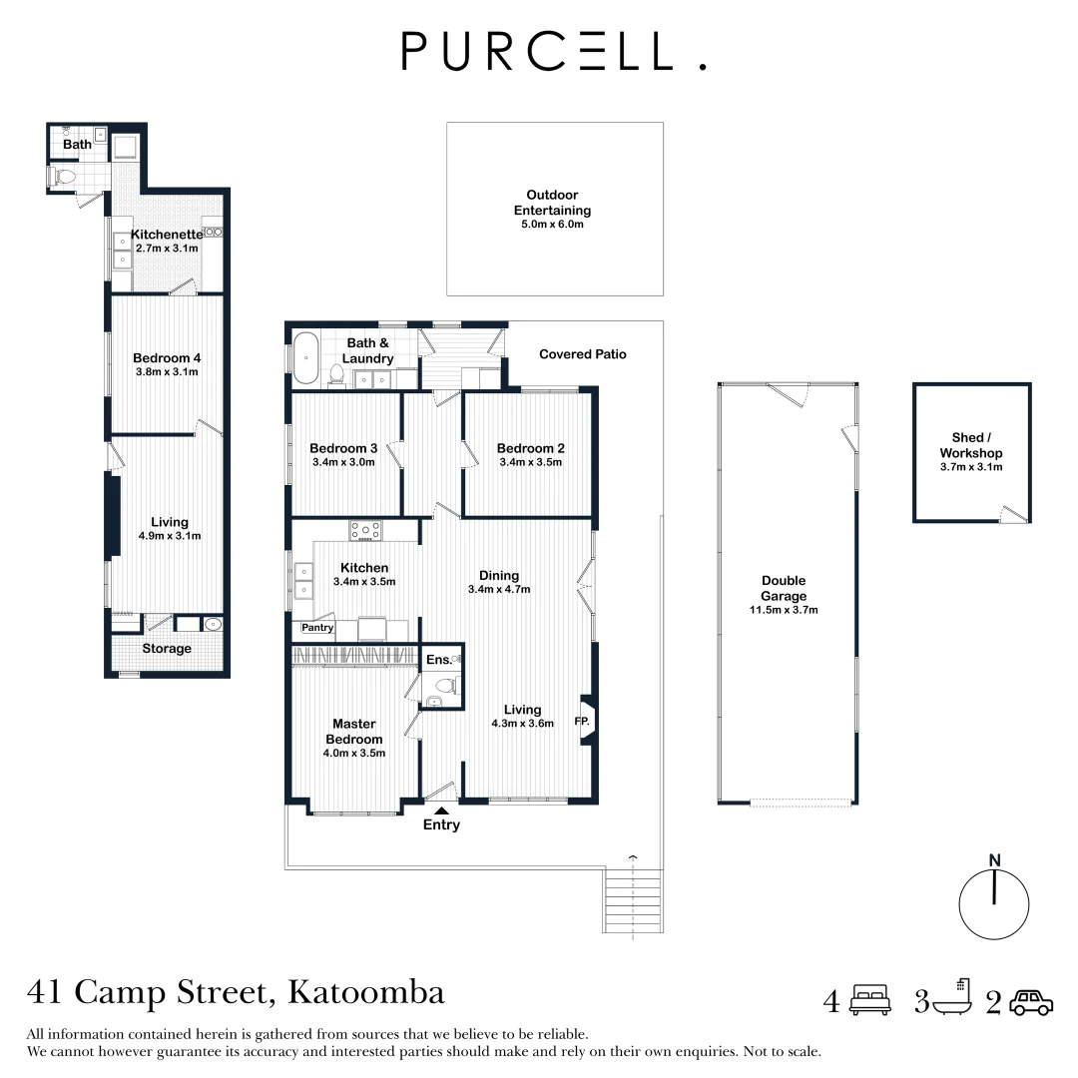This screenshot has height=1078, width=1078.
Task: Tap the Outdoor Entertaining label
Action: pyautogui.click(x=552, y=203)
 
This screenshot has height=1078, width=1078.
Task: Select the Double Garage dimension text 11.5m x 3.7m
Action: pyautogui.click(x=784, y=610)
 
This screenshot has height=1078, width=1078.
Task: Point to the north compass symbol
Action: pyautogui.click(x=993, y=898)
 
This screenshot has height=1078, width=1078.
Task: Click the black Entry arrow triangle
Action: pyautogui.click(x=441, y=810)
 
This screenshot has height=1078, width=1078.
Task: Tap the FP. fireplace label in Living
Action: pyautogui.click(x=581, y=720)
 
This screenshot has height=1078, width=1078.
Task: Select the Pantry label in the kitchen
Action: pyautogui.click(x=317, y=628)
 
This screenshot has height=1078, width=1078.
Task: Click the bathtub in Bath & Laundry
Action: pyautogui.click(x=304, y=359)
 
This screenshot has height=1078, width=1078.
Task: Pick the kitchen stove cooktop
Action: pyautogui.click(x=365, y=532)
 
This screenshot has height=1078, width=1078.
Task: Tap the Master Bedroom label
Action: pyautogui.click(x=353, y=731)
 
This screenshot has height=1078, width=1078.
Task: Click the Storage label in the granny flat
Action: pyautogui.click(x=167, y=649)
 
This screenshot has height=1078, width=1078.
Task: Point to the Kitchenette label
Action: pyautogui.click(x=167, y=235)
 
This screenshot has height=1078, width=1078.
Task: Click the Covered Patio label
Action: pyautogui.click(x=582, y=354)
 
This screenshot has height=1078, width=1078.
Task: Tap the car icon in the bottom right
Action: pyautogui.click(x=1031, y=1001)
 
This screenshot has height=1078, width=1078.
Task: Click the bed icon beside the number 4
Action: pyautogui.click(x=869, y=1000)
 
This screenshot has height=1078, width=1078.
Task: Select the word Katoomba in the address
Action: pyautogui.click(x=365, y=993)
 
